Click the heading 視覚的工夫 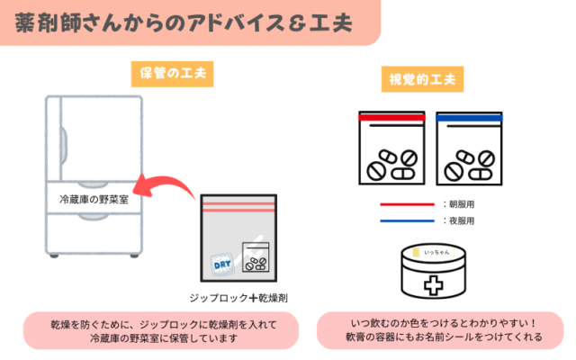coord(421,77)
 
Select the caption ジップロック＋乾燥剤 coord(238,297)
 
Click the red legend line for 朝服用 coord(407,204)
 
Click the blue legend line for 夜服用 coord(407,220)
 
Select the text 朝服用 coord(460,204)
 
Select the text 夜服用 coord(460,220)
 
